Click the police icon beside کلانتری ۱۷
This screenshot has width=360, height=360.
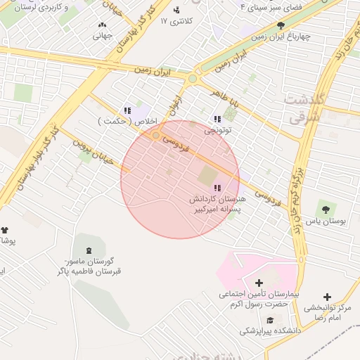click(x=176, y=10)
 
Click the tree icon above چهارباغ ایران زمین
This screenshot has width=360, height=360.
click(x=281, y=25)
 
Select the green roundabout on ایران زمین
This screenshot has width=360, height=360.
click(x=192, y=79)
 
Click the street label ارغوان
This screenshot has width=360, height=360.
click(x=173, y=107)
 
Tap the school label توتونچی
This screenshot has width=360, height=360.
click(x=217, y=131)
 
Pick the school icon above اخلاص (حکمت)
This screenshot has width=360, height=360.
click(x=127, y=110)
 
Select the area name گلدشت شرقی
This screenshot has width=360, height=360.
click(x=305, y=108)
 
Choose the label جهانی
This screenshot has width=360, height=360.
click(x=103, y=35)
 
